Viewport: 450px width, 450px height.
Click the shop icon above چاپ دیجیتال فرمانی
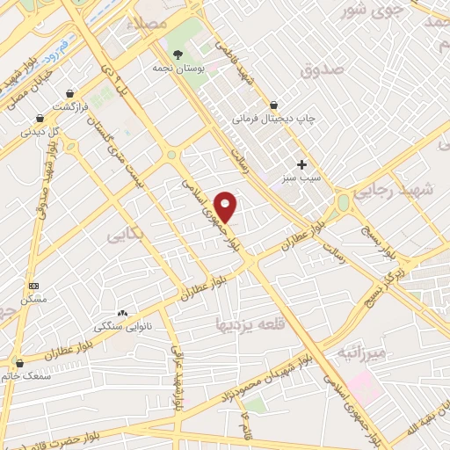coord(274,104)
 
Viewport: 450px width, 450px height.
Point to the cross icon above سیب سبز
coord(302,164)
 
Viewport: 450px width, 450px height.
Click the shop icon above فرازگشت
coord(69,94)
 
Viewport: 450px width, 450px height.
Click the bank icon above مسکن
coord(34,287)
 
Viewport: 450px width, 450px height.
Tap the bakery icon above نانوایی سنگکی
coord(122,313)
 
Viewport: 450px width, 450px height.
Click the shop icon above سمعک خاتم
coord(19,362)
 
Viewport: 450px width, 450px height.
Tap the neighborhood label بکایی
coord(123,236)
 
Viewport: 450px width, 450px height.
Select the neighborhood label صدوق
coord(318,69)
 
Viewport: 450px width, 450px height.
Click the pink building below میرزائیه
coord(361,386)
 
